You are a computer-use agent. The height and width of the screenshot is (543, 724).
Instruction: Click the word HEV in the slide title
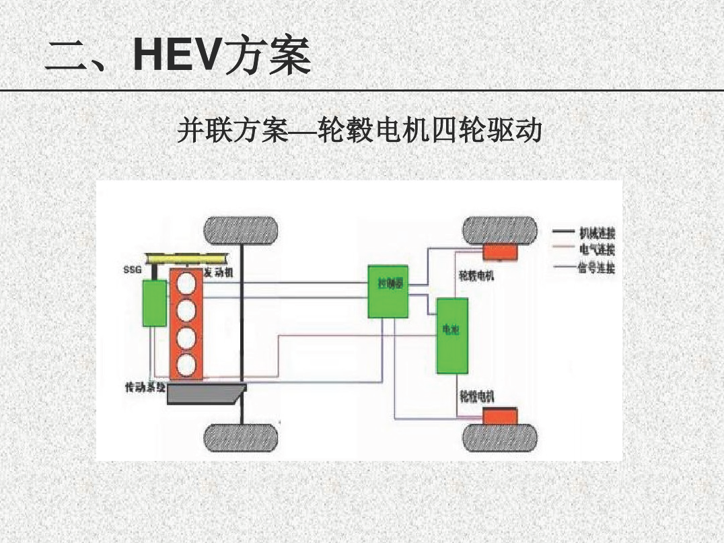(x=177, y=55)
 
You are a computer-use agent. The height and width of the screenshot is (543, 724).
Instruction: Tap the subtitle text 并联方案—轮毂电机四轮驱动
(x=359, y=130)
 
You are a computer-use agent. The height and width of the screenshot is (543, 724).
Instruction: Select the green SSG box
(x=154, y=303)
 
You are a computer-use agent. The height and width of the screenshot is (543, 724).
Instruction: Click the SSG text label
(x=133, y=270)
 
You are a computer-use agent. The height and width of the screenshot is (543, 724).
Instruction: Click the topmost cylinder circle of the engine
(x=186, y=283)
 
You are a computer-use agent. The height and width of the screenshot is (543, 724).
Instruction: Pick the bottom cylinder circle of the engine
(x=186, y=365)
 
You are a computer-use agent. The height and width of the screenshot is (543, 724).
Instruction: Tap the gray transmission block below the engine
(x=205, y=393)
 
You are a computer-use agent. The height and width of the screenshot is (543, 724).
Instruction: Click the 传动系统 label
(x=145, y=388)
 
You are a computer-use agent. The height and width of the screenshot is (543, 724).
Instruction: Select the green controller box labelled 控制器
(x=388, y=291)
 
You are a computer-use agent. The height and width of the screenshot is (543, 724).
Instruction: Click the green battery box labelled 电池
(x=452, y=335)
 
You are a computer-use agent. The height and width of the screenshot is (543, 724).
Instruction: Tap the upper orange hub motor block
(x=499, y=252)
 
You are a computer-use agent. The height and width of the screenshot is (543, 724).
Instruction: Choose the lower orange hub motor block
(x=499, y=415)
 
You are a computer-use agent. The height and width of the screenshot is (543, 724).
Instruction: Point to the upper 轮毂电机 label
(x=476, y=275)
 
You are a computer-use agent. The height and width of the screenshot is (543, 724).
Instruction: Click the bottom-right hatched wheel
(x=499, y=438)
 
